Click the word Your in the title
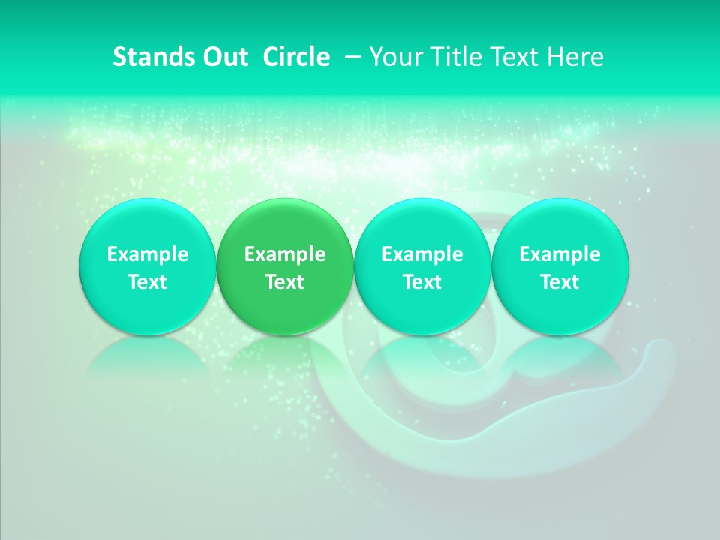click(x=394, y=57)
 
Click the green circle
click(x=285, y=267)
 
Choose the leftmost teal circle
click(x=147, y=267)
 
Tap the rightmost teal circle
click(x=560, y=267)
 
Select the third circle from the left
click(x=422, y=267)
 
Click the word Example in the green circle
click(x=285, y=254)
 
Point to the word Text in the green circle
click(x=285, y=282)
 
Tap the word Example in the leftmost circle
click(x=147, y=254)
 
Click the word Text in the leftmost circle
click(x=147, y=282)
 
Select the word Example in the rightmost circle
click(x=560, y=254)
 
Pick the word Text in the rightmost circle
click(x=560, y=282)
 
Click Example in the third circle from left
click(x=422, y=254)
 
